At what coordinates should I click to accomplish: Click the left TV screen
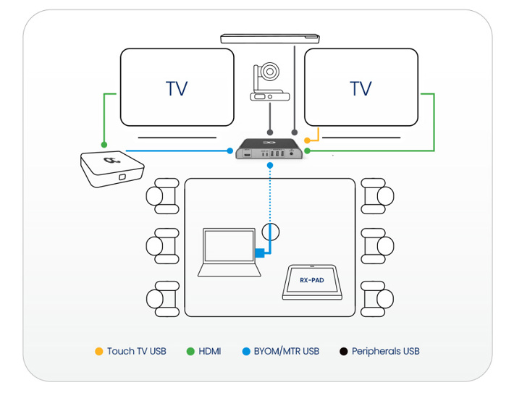(177, 88)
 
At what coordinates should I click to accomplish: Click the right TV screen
(361, 88)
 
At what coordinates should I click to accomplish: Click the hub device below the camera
(270, 151)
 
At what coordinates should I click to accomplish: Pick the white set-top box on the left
(112, 168)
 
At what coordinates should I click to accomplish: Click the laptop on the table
(229, 253)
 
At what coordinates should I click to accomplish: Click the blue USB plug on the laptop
(259, 253)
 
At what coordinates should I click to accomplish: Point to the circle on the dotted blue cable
(270, 232)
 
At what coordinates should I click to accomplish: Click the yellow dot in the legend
(98, 352)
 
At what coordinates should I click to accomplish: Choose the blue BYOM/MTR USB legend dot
(246, 352)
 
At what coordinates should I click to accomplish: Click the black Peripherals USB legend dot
(343, 352)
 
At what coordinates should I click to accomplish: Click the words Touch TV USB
(137, 352)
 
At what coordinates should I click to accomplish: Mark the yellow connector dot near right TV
(308, 140)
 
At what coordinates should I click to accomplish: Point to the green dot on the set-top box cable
(104, 144)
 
